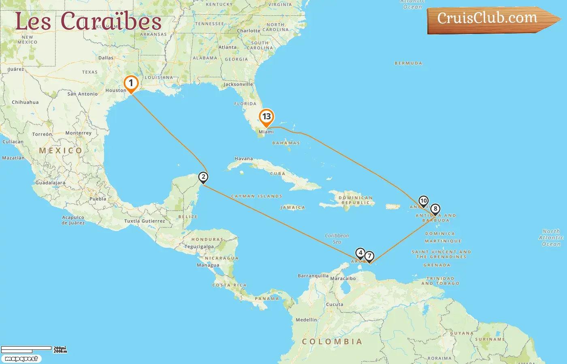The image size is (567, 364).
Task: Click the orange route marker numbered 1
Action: pos(131,83)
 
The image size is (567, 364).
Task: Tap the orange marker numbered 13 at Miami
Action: pos(266,117)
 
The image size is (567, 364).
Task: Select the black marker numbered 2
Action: pos(203,177)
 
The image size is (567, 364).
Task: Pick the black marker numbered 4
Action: pos(360,253)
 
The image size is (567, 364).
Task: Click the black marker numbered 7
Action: pos(369,256)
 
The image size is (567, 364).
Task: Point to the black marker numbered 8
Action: pos(435,209)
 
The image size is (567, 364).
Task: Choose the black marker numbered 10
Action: pos(423,201)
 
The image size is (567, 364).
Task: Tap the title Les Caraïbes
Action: pos(88,22)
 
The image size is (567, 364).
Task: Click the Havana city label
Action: pos(243,159)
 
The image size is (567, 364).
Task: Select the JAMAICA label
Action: pos(292,207)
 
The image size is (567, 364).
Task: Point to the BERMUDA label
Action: pos(408,63)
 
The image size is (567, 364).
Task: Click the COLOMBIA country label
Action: pos(332,342)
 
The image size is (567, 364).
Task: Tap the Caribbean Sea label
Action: pos(337,239)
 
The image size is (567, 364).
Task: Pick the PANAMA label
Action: pos(267,299)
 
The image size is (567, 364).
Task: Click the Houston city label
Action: pos(116,91)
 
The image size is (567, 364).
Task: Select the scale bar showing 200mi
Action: pos(32,349)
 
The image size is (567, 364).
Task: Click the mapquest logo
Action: pos(21,359)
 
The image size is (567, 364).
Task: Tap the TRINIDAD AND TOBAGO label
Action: pos(440,281)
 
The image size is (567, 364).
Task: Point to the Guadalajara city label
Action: pos(50,183)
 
